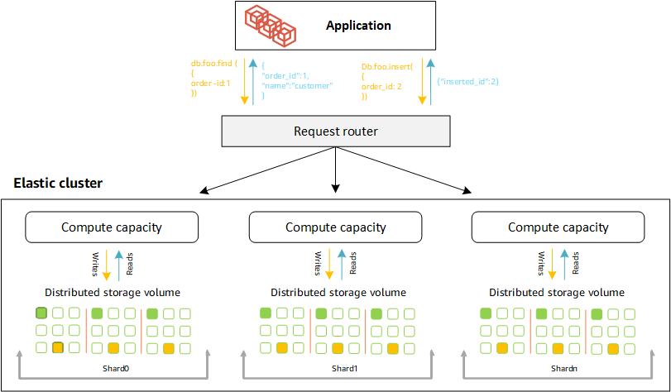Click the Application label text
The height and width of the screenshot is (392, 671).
point(358,26)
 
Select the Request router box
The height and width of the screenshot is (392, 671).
point(335,131)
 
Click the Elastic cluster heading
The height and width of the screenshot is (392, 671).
point(58,183)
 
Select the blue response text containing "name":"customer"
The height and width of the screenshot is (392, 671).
point(296,80)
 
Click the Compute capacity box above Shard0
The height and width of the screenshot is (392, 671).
point(112,227)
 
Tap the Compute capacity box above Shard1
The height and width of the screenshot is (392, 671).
point(335,227)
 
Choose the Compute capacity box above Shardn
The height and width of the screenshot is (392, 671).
point(558,227)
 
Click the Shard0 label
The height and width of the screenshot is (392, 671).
point(111,368)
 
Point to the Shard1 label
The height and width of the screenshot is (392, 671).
point(334,368)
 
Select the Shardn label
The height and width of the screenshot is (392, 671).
point(557,368)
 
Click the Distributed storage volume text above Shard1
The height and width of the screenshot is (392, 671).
point(338,292)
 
